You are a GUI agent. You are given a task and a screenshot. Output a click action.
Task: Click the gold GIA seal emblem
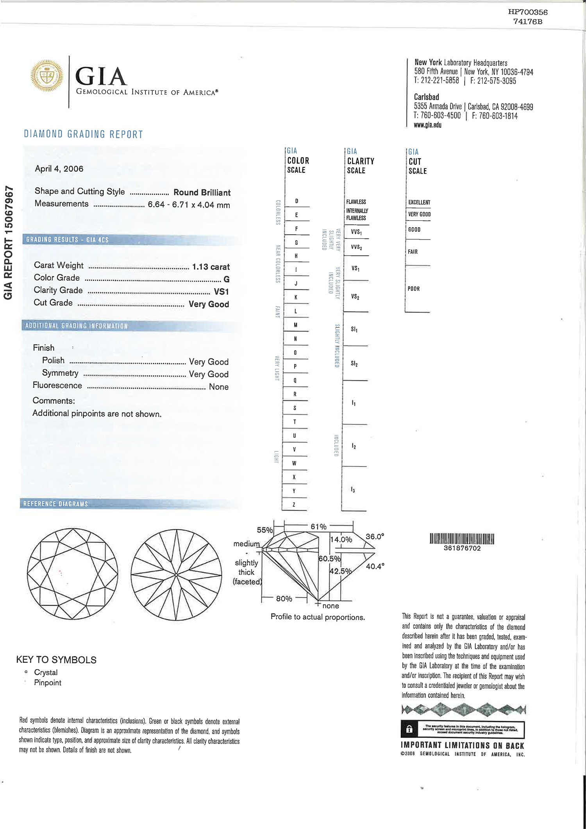(x=47, y=76)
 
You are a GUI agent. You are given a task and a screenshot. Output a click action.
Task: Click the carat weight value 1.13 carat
(x=211, y=267)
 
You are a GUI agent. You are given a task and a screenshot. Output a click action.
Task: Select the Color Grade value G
(x=227, y=279)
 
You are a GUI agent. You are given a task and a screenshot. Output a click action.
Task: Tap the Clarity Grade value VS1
(x=222, y=292)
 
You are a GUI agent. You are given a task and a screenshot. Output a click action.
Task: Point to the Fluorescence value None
(x=219, y=387)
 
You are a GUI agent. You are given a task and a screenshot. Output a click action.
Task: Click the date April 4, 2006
(x=59, y=169)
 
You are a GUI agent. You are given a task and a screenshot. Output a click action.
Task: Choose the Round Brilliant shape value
(x=202, y=193)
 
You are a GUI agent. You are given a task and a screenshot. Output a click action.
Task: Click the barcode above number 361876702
(x=462, y=539)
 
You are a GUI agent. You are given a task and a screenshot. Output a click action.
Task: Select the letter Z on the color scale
(x=294, y=505)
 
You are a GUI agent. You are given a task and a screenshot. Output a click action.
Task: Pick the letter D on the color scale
(x=297, y=201)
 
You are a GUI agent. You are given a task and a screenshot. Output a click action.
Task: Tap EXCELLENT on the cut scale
(x=419, y=202)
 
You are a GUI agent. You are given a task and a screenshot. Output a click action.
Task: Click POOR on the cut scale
(x=413, y=289)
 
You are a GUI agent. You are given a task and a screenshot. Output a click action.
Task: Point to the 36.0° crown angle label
(x=375, y=537)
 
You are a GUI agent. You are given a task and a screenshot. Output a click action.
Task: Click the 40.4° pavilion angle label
(x=375, y=566)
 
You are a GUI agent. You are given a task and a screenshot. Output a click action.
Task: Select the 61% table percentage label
(x=318, y=527)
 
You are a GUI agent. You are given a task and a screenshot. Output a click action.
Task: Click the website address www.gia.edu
(x=427, y=125)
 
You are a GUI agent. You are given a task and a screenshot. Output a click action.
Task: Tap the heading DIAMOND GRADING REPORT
(x=84, y=134)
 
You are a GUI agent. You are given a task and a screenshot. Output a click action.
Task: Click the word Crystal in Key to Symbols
(x=46, y=672)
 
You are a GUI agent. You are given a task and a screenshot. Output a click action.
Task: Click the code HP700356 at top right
(x=528, y=13)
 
